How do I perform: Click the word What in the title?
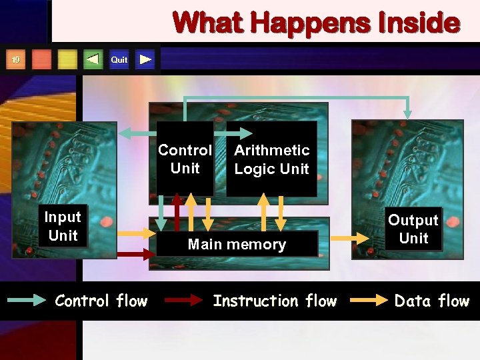[x=206, y=23]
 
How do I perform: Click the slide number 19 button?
[x=15, y=60]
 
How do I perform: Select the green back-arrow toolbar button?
[x=93, y=60]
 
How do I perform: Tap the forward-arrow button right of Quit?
[x=145, y=60]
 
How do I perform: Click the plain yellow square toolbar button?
[x=67, y=60]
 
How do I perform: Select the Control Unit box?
[x=185, y=159]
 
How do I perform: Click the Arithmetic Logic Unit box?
[x=271, y=159]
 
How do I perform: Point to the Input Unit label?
[x=63, y=226]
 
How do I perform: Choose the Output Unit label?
[x=413, y=229]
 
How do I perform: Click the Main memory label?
[x=237, y=245]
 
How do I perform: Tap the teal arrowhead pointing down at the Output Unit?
[x=408, y=111]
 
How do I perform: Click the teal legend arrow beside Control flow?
[x=26, y=301]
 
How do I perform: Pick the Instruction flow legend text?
[x=275, y=301]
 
